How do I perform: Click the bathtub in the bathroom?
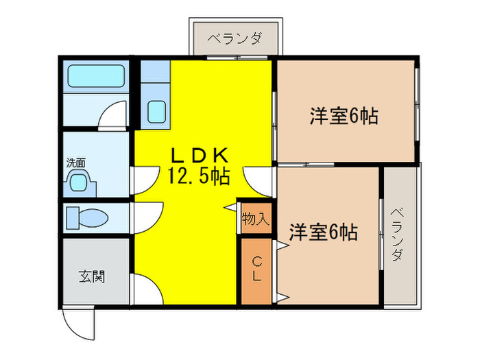pos(96,77)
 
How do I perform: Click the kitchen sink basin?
pos(157,110)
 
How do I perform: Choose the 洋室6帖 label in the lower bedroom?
pos(323,232)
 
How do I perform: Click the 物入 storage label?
pos(255,219)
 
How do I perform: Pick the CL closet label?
pos(256,269)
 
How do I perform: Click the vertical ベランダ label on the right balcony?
pos(398,237)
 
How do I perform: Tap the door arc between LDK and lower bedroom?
pos(259,180)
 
